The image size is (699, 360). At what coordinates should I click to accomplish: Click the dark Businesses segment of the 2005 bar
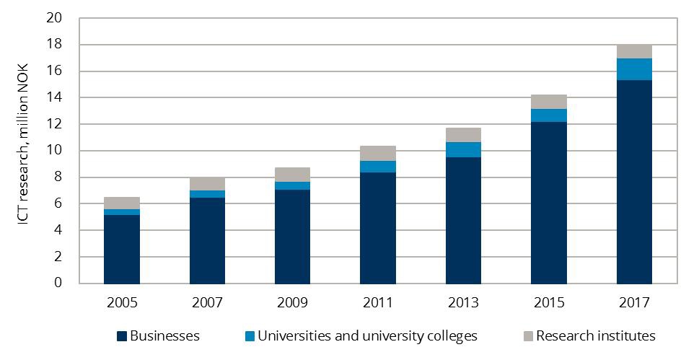(122, 249)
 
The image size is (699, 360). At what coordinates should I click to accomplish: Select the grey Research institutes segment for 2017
(634, 51)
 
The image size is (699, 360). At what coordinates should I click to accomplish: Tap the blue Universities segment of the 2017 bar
(634, 69)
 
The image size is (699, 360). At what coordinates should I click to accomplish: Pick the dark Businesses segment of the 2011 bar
(378, 228)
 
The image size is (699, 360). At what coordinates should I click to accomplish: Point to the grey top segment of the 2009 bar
(293, 175)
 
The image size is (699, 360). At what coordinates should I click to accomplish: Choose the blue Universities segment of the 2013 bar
(463, 149)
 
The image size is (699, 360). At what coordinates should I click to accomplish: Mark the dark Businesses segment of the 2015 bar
(549, 203)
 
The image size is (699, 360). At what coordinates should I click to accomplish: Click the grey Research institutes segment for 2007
(207, 184)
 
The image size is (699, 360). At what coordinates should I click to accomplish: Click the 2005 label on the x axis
(122, 302)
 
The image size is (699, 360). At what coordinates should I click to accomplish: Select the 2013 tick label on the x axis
(463, 302)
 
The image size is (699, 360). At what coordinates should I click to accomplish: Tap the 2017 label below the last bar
(634, 302)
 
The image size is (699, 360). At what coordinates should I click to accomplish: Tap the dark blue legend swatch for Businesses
(122, 336)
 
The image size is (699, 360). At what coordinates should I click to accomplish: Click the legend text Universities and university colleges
(367, 336)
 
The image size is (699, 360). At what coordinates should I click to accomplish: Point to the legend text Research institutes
(595, 336)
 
